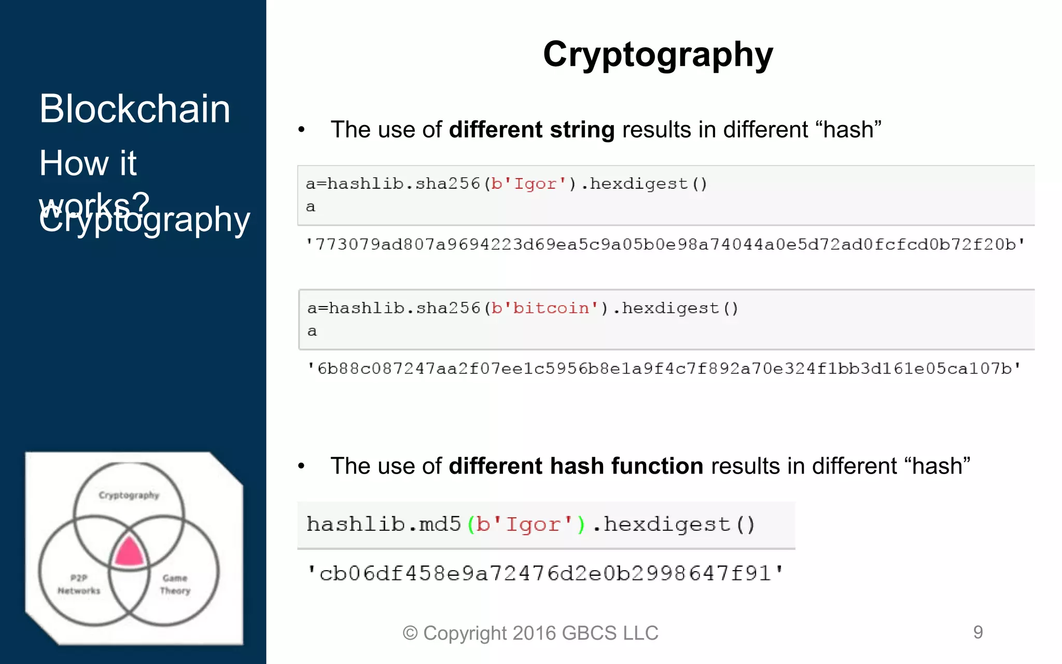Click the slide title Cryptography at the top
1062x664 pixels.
658,54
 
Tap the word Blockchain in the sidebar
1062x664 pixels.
135,109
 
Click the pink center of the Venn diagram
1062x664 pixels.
129,552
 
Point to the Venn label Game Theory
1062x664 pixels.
175,584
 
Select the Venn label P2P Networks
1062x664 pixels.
79,584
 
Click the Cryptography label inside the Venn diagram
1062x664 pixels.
129,495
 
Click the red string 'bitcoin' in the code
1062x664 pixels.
551,308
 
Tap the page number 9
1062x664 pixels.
978,632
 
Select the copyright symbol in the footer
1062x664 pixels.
410,633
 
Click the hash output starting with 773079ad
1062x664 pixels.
665,244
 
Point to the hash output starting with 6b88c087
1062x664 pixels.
664,369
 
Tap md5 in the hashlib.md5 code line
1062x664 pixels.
440,524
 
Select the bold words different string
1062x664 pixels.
532,130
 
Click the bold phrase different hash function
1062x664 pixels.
576,466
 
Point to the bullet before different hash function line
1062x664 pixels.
301,466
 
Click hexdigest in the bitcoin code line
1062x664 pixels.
670,308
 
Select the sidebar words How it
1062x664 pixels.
88,163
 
